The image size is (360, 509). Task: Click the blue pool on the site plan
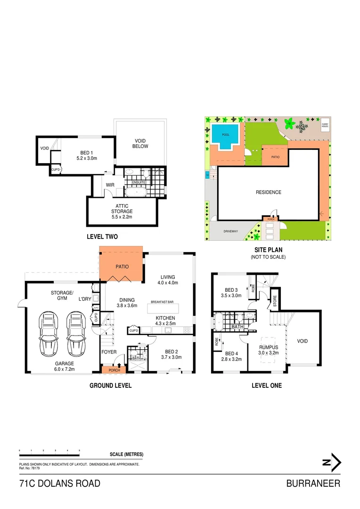coord(224,136)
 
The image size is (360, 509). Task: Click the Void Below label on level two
coord(141,143)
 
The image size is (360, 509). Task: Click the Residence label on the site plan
coord(269,192)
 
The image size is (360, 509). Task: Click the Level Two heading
coord(102,237)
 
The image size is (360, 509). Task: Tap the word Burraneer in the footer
coord(313,484)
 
